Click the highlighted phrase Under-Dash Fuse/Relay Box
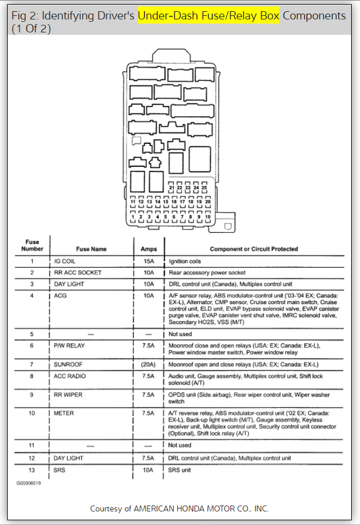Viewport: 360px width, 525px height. click(x=208, y=15)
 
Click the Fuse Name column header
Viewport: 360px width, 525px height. click(x=91, y=249)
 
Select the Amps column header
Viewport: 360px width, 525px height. click(x=148, y=249)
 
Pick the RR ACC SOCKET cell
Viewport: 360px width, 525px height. click(x=77, y=273)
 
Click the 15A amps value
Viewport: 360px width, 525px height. click(x=148, y=261)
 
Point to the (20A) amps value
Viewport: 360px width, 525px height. click(x=148, y=365)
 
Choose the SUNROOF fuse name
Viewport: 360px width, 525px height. click(x=68, y=365)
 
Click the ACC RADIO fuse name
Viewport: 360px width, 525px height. click(x=70, y=375)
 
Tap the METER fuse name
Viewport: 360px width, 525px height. click(x=64, y=413)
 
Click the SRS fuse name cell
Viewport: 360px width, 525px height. click(x=60, y=470)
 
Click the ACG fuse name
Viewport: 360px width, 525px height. click(x=61, y=296)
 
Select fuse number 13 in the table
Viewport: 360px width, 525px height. click(x=32, y=470)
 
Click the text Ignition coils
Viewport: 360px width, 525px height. click(x=185, y=261)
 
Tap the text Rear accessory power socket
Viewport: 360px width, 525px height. click(x=206, y=273)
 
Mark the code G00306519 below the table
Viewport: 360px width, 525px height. click(x=29, y=481)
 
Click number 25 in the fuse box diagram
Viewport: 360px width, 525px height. click(x=204, y=187)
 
